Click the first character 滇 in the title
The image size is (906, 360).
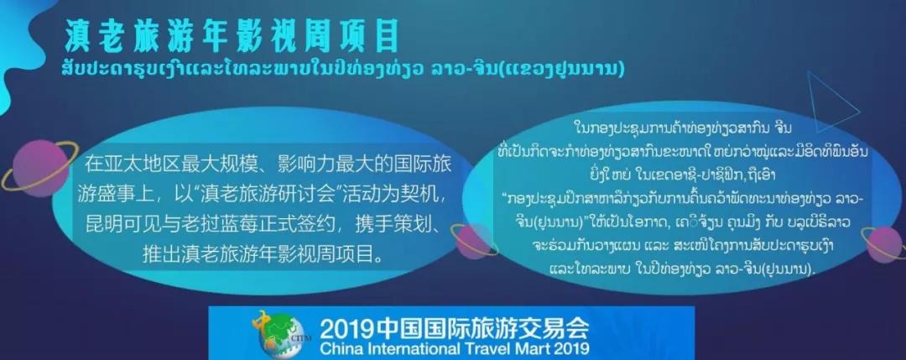[x=80, y=38]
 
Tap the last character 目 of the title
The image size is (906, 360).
[x=384, y=38]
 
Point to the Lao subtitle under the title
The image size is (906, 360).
[x=344, y=69]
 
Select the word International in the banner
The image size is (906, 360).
[x=414, y=348]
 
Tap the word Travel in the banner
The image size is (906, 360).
[x=484, y=348]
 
